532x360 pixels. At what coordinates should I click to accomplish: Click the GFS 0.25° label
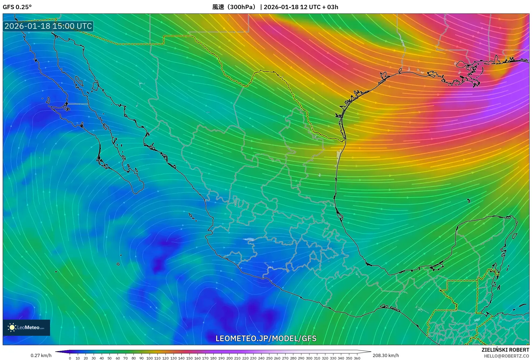tap(17, 7)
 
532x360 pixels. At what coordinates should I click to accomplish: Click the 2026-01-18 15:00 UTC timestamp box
tap(48, 26)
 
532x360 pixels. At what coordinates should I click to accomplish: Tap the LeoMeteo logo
tap(26, 327)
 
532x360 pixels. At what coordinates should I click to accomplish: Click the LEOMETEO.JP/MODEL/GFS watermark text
tap(266, 338)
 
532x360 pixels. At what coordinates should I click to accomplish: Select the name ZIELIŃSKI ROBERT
tap(505, 350)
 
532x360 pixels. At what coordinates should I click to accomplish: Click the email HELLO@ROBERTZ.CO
tap(506, 356)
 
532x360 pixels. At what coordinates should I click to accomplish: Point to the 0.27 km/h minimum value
tap(41, 355)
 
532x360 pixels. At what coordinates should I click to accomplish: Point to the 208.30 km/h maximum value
tap(386, 355)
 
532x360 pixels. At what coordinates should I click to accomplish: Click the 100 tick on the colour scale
tap(149, 358)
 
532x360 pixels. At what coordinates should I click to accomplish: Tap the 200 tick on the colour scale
tap(229, 358)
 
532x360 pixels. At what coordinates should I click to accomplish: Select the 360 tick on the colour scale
tap(357, 358)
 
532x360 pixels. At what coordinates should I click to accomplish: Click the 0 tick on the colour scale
tap(70, 358)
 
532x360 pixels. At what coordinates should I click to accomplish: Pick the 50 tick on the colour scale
tap(110, 358)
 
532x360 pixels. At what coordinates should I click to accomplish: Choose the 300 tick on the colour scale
tap(309, 358)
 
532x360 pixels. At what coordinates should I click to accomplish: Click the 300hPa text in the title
tap(242, 7)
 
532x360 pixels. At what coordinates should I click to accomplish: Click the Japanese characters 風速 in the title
tap(218, 7)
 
